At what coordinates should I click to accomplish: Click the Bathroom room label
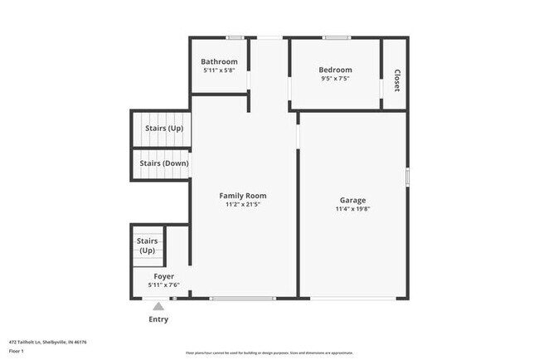(220, 61)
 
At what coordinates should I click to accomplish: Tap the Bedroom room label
(336, 70)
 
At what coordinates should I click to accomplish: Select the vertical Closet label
(396, 80)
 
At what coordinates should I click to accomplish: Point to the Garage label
(352, 200)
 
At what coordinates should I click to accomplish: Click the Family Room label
(243, 196)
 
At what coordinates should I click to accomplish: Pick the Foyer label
(163, 275)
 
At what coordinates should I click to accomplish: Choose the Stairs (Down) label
(164, 163)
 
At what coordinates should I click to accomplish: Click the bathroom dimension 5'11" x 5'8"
(220, 71)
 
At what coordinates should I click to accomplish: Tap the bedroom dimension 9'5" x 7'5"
(336, 79)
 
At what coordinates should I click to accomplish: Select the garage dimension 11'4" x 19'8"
(352, 209)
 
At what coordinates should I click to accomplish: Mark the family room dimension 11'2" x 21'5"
(243, 205)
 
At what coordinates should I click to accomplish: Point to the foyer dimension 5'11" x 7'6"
(163, 285)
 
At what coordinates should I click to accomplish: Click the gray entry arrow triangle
(158, 307)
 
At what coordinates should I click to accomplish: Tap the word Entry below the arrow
(158, 319)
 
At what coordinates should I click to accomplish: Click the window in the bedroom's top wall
(336, 36)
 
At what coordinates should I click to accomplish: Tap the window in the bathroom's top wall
(235, 36)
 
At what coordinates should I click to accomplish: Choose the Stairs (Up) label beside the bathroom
(164, 129)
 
